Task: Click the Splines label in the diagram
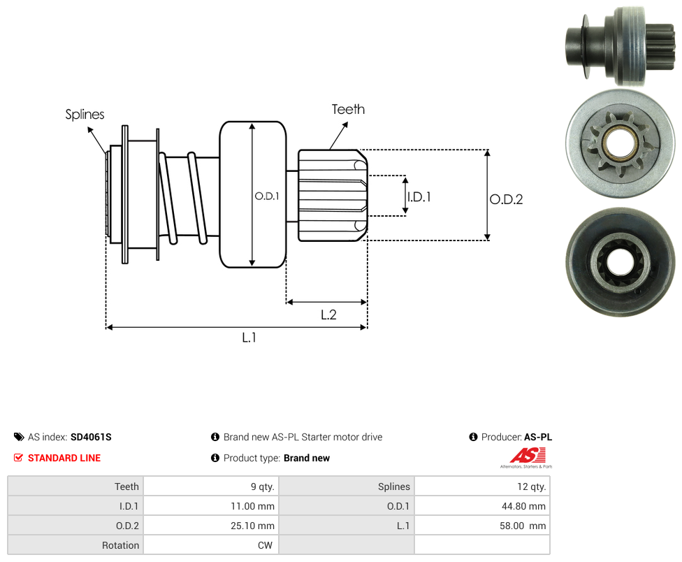tap(85, 114)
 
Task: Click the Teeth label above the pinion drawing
tap(348, 109)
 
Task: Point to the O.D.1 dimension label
tap(267, 196)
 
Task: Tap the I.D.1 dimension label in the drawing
tap(419, 197)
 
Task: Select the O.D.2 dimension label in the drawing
tap(506, 199)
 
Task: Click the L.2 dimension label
tap(328, 315)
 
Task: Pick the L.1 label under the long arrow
tap(249, 337)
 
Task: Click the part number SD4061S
tap(91, 437)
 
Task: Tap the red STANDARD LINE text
tap(64, 458)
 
